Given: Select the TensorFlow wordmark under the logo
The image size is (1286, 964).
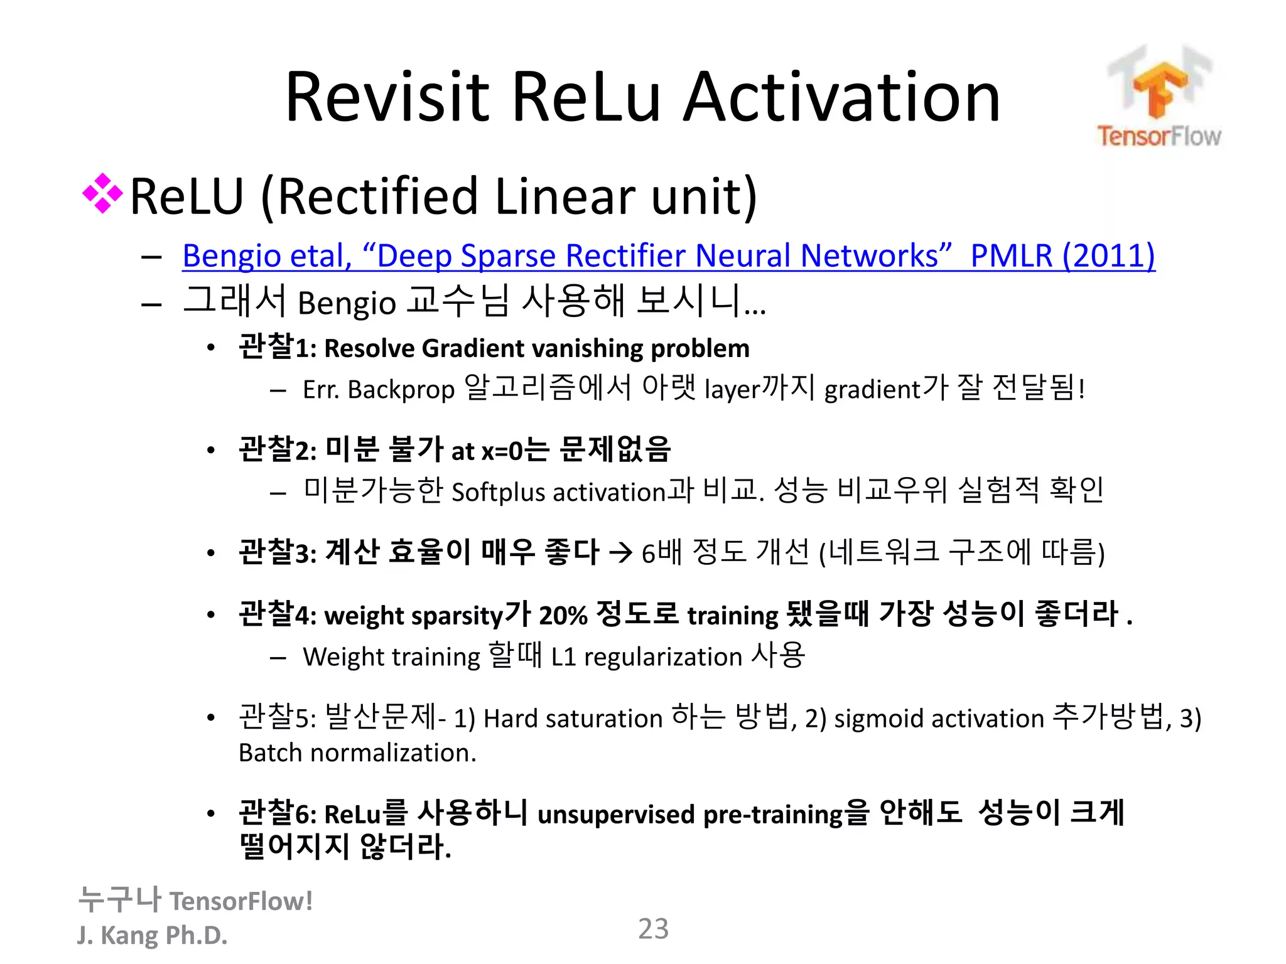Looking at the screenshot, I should click(x=1159, y=136).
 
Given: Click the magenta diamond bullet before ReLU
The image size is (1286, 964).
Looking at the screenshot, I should click(x=102, y=194).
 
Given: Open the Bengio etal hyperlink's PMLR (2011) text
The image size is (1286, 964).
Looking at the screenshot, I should click(x=1062, y=255).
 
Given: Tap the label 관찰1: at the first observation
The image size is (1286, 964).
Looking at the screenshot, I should click(x=277, y=347).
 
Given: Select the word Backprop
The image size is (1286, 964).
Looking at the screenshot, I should click(x=401, y=390).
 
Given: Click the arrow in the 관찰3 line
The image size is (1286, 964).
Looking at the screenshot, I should click(x=620, y=553).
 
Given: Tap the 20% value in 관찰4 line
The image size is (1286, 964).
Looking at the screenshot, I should click(x=563, y=615).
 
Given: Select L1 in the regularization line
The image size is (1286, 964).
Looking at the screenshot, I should click(x=563, y=657).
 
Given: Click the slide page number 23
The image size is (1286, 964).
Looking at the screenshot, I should click(x=653, y=929).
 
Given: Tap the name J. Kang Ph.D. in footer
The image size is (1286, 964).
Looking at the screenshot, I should click(x=152, y=935).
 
